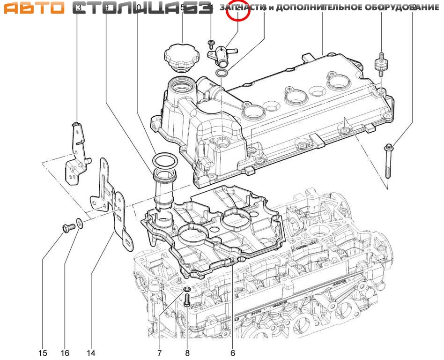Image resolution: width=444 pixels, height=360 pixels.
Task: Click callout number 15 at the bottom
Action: (x=43, y=352)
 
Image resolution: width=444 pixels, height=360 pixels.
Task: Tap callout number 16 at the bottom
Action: (x=66, y=352)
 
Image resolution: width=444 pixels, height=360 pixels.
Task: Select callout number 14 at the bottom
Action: (x=91, y=352)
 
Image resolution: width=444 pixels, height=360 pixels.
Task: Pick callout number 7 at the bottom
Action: (x=159, y=352)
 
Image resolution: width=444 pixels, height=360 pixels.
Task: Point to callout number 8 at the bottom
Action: (x=187, y=352)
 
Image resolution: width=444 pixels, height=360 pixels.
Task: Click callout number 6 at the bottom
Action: (x=233, y=352)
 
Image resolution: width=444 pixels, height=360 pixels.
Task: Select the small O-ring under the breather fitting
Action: (x=222, y=73)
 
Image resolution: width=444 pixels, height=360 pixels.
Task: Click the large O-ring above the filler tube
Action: (x=162, y=161)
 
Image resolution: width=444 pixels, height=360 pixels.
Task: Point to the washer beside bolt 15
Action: (x=80, y=223)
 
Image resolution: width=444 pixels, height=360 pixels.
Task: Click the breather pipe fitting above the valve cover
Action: (x=219, y=55)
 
